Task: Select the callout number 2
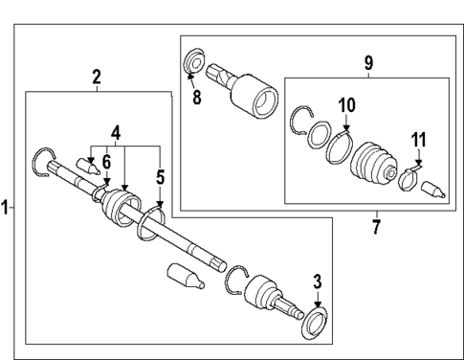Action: (x=97, y=77)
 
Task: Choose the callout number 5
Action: (x=161, y=176)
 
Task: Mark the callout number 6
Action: (x=107, y=163)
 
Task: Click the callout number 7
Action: (x=375, y=227)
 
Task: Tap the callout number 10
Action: (x=344, y=104)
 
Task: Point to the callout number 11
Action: (x=418, y=141)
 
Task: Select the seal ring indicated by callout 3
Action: (x=314, y=321)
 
